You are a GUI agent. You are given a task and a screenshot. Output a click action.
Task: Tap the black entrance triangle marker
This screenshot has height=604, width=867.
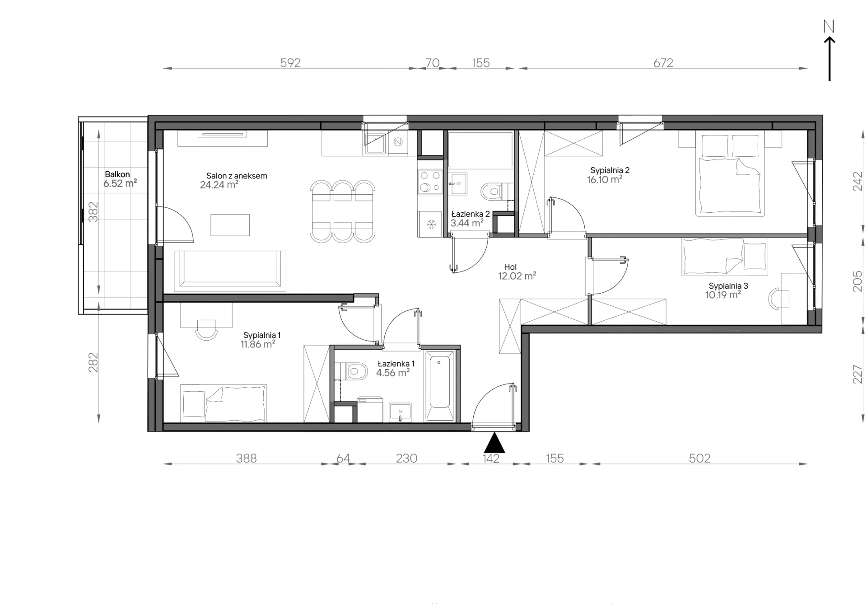tap(494, 443)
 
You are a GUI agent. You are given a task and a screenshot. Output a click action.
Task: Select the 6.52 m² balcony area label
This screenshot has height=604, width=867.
tap(120, 183)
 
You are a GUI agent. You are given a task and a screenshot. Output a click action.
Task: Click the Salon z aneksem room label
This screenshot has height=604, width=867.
tap(237, 176)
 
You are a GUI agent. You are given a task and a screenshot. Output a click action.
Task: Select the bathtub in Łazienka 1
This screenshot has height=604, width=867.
tap(439, 386)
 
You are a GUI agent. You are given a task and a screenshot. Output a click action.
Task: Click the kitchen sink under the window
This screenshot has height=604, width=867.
tap(375, 144)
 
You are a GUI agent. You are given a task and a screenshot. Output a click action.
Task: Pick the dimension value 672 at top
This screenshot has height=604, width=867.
tap(663, 63)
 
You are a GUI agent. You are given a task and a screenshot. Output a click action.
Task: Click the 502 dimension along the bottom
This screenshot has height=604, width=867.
tap(699, 458)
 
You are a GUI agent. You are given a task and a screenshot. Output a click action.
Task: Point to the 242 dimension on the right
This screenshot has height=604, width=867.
tap(857, 181)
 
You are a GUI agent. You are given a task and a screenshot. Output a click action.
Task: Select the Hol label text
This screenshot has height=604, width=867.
tap(510, 267)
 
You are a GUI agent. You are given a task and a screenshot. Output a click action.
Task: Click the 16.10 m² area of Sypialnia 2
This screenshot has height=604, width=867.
tap(605, 179)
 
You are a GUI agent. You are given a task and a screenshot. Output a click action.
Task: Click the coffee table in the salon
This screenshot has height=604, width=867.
tap(230, 225)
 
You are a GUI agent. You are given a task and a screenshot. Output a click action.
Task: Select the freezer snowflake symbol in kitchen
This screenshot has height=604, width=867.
tap(431, 224)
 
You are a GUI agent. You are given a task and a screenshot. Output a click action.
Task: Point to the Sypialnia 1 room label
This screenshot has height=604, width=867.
tap(262, 335)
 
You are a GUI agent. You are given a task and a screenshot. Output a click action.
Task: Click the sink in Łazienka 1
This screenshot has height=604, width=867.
tap(400, 412)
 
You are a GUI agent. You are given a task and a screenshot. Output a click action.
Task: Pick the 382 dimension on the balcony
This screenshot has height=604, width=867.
tap(93, 211)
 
